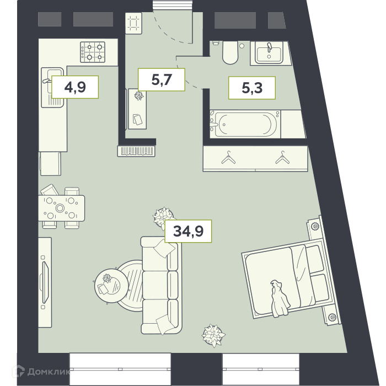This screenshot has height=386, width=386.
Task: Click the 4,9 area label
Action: [x=75, y=87]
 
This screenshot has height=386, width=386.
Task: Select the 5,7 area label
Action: [x=162, y=79]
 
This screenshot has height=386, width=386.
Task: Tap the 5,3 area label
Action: [x=252, y=88]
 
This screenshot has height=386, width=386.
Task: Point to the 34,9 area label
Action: [x=189, y=231]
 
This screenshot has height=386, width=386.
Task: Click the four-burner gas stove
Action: [x=93, y=52]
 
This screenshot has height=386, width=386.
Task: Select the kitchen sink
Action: [x=52, y=87]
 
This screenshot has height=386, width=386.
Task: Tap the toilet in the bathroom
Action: [x=230, y=52]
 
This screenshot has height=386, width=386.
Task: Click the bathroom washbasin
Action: [x=269, y=53]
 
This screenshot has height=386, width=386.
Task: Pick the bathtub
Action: [x=245, y=124]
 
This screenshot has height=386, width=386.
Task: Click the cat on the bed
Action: [x=280, y=299]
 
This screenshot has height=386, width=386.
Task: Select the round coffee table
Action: [x=111, y=285]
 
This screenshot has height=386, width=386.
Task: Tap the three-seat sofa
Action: [x=161, y=286]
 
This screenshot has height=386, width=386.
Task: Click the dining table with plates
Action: [x=61, y=208]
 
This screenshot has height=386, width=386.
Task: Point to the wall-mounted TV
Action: [x=45, y=282]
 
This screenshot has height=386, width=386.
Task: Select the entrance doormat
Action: [x=133, y=23]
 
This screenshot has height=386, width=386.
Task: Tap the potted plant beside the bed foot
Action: [x=213, y=335]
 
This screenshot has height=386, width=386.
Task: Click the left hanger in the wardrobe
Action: [x=228, y=158]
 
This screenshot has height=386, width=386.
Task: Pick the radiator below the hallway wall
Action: [x=136, y=151]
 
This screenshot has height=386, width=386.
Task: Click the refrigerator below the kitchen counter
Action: [x=51, y=163]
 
